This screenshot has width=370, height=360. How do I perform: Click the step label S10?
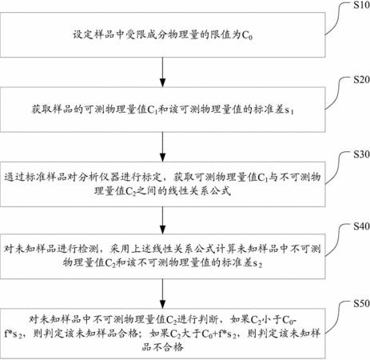(x=361, y=5)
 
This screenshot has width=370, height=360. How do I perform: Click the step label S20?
(x=361, y=79)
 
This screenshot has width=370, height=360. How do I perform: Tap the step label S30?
(x=361, y=154)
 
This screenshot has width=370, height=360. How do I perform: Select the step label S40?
(x=361, y=226)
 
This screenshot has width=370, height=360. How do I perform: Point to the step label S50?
(x=361, y=303)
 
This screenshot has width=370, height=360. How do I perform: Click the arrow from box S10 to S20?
(x=162, y=72)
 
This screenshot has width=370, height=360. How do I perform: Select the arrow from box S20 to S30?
(x=162, y=146)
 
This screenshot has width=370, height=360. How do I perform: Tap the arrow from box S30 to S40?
(x=162, y=220)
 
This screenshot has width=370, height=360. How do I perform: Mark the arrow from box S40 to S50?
(x=162, y=294)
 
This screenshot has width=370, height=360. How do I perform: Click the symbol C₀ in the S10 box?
(x=247, y=35)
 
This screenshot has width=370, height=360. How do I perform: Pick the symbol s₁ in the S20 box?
(x=289, y=110)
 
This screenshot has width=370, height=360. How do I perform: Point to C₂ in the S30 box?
(x=130, y=191)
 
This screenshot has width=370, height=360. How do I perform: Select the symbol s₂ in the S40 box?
(x=257, y=264)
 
